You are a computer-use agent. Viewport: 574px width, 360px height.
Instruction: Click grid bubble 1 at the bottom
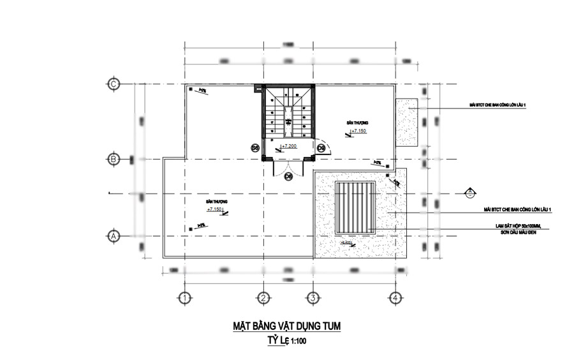click(x=184, y=297)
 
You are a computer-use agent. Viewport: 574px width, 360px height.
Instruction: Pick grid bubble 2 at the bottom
click(x=262, y=297)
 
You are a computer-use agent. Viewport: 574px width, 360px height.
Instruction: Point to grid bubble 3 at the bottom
click(x=313, y=297)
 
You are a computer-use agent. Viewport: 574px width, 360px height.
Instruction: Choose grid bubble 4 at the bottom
click(x=395, y=297)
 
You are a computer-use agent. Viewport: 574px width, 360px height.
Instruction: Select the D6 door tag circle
click(x=288, y=176)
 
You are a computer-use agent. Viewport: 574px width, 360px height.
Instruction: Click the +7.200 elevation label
click(x=289, y=146)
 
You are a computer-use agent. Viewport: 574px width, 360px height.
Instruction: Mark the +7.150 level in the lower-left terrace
click(x=214, y=209)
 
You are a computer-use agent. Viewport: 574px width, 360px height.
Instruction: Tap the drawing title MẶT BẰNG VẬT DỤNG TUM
click(x=286, y=327)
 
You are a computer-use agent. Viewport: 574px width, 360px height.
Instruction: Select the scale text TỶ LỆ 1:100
click(x=286, y=341)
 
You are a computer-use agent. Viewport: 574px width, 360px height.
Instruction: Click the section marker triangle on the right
click(x=469, y=192)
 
